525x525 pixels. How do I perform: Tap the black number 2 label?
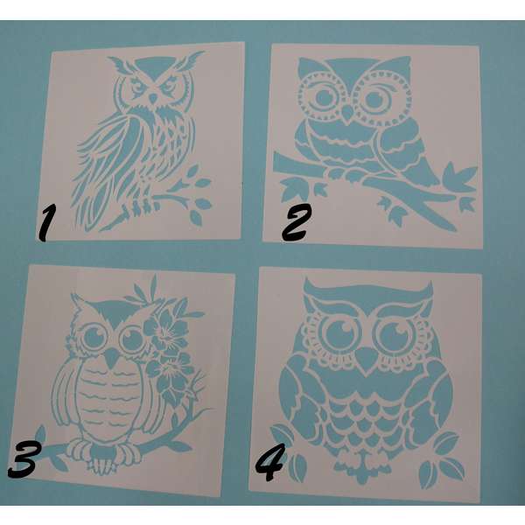(296, 222)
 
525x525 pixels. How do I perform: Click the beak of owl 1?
(153, 98)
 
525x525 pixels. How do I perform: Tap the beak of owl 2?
(348, 114)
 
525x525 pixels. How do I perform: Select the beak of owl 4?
(367, 359)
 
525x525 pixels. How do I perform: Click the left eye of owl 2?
(326, 97)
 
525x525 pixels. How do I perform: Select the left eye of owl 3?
(93, 337)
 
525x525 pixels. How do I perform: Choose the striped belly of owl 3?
(108, 402)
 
